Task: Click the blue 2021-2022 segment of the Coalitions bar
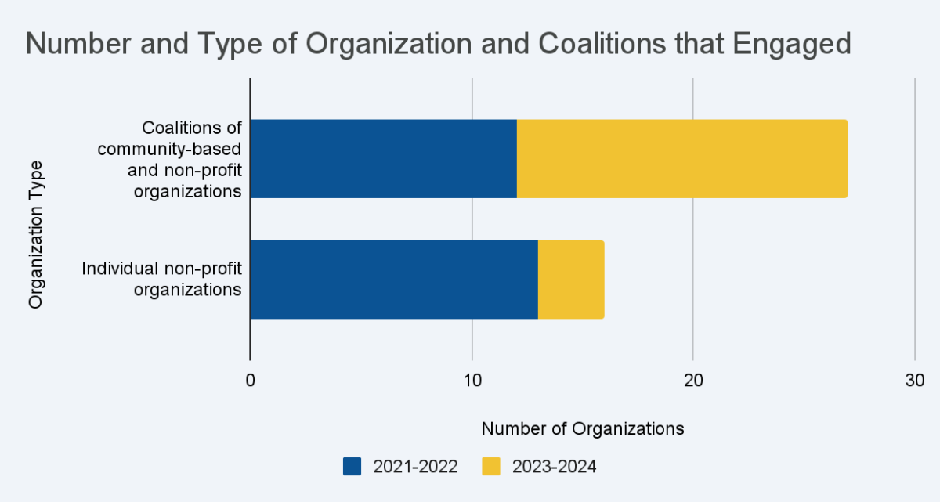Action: (x=383, y=158)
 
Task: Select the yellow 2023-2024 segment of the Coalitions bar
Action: (x=681, y=158)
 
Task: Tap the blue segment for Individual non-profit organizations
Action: (x=393, y=280)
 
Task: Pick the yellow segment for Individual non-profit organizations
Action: (x=571, y=280)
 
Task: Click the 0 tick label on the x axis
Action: (x=250, y=380)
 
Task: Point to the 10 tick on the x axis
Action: (x=472, y=380)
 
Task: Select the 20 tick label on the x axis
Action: (x=693, y=380)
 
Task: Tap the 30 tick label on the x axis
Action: (x=915, y=380)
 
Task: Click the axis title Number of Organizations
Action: (x=583, y=428)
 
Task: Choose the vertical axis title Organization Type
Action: (x=35, y=235)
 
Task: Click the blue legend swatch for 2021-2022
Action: (x=352, y=467)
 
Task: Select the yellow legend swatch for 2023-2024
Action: (x=490, y=467)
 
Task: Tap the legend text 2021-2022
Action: (x=415, y=467)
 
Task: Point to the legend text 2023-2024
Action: (x=554, y=467)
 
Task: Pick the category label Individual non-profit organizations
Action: (x=162, y=279)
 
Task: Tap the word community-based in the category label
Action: (x=187, y=149)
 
